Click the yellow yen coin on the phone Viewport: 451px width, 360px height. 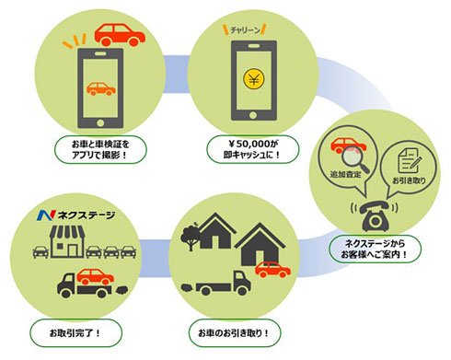(x=254, y=78)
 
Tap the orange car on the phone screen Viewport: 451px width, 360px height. (x=100, y=89)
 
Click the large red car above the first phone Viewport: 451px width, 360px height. (x=120, y=35)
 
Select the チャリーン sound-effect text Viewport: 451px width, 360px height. (x=245, y=30)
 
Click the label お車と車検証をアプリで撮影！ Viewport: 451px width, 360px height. (x=100, y=149)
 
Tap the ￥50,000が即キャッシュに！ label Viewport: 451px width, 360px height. (x=252, y=149)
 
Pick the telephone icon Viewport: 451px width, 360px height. (x=375, y=216)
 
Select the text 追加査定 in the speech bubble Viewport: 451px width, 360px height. (x=345, y=175)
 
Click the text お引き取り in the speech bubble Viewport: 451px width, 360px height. (x=410, y=180)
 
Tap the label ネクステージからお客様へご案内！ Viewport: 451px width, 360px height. (x=375, y=250)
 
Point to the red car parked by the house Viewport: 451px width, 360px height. (x=272, y=270)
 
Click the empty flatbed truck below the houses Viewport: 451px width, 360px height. (x=216, y=284)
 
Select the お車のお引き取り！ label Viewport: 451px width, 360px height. (x=235, y=333)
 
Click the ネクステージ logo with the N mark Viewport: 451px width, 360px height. (x=76, y=215)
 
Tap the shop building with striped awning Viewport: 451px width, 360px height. (x=67, y=241)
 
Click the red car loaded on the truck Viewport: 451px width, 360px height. (x=96, y=276)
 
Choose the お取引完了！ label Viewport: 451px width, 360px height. (x=75, y=333)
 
